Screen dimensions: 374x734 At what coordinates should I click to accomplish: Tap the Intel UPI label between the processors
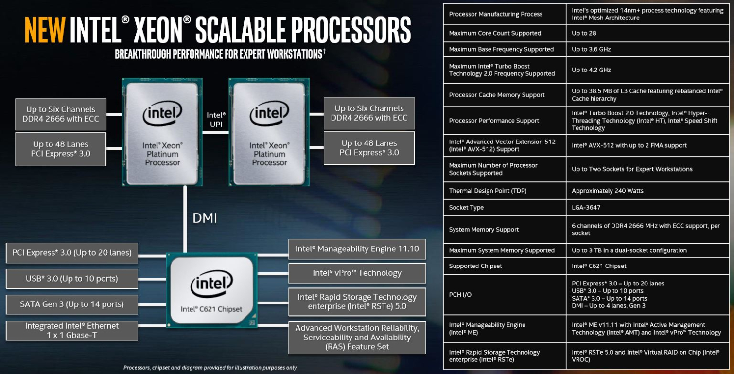216,120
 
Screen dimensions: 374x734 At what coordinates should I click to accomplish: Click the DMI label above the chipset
205,218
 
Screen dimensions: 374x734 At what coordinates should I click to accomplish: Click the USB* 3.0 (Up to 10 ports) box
72,279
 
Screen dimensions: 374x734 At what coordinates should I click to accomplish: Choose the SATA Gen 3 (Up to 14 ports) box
72,304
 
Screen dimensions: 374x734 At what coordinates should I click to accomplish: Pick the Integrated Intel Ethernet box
72,330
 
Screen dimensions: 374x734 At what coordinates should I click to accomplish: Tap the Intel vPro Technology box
357,273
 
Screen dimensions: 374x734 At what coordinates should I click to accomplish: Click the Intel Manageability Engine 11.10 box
357,249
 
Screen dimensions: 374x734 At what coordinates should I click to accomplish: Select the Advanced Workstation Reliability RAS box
357,337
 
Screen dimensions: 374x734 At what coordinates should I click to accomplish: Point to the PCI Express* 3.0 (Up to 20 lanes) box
72,253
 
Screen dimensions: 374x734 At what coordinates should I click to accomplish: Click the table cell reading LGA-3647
586,207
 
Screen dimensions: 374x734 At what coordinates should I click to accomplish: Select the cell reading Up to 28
583,33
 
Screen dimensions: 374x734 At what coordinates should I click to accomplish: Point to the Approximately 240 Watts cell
607,191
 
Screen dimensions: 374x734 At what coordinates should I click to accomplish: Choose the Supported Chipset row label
475,266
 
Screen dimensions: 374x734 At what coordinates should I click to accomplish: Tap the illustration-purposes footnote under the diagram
210,368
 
